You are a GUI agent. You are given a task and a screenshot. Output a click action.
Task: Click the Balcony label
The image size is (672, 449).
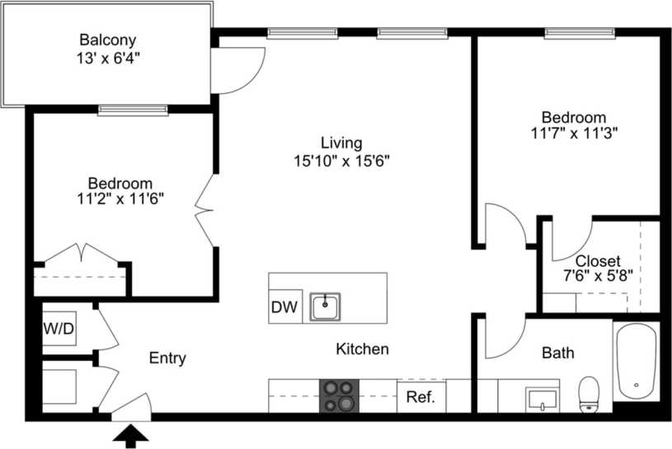coord(107,40)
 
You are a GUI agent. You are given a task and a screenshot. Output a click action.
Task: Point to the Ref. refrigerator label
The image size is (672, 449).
coord(421,397)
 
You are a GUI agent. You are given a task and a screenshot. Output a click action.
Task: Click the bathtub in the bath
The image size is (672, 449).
coord(636,360)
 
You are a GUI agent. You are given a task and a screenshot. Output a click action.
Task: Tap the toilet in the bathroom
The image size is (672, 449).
coord(589,393)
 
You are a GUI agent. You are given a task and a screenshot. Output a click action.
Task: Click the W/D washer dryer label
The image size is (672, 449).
coord(59,330)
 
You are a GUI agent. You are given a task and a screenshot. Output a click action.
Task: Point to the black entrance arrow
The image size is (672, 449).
coord(130,434)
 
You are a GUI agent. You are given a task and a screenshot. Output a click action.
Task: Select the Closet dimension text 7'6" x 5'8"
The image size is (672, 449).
coord(599,278)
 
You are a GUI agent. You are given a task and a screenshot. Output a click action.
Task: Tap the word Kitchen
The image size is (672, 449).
coord(362,349)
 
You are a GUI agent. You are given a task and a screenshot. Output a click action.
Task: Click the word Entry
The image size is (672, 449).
coord(167,358)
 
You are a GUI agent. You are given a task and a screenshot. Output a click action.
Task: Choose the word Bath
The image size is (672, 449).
coord(558,353)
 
